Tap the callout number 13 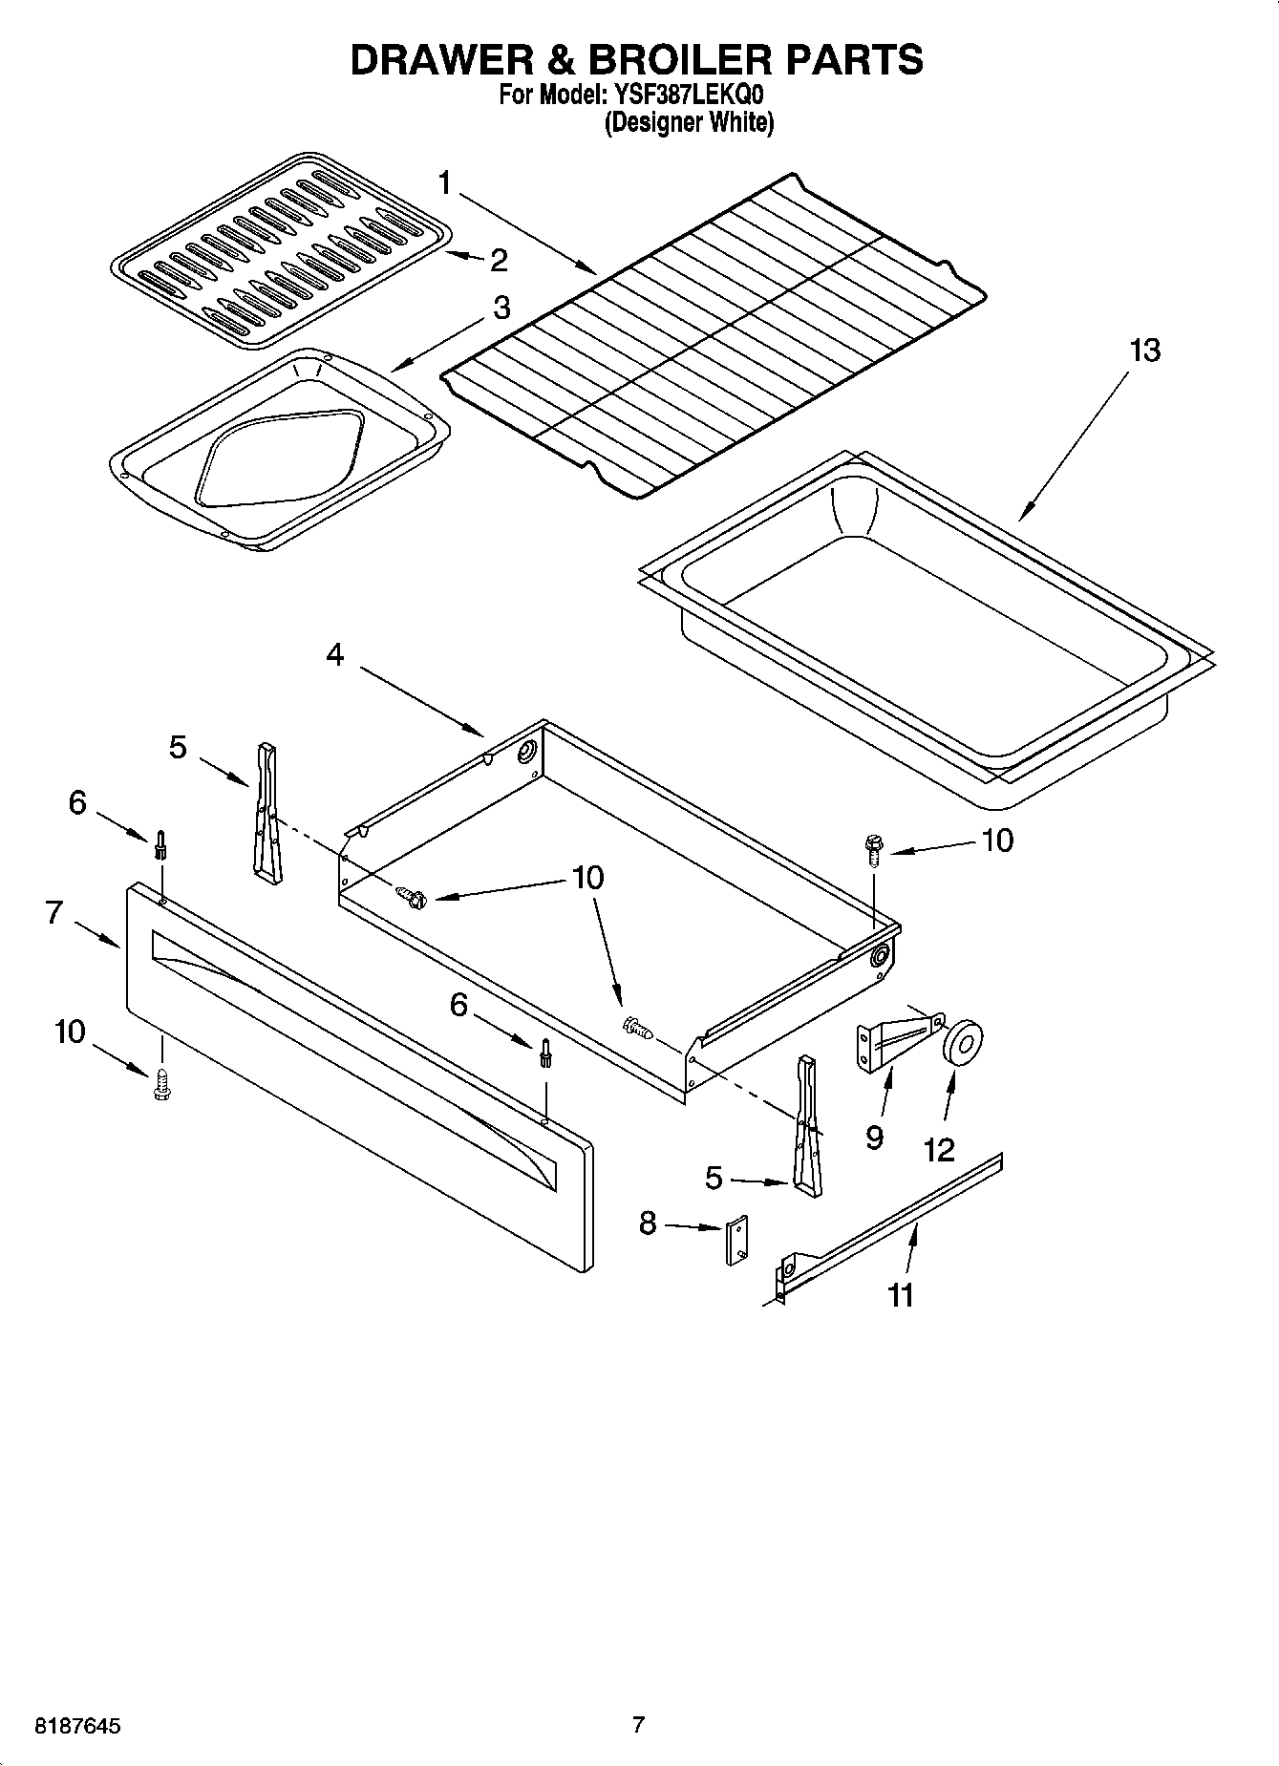pos(1144,351)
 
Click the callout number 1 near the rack pos(446,182)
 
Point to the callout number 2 pos(499,260)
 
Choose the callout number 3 pos(501,309)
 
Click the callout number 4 pos(334,655)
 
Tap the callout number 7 pos(54,912)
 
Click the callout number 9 pos(874,1138)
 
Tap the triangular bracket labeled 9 pos(893,1039)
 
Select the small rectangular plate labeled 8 pos(735,1242)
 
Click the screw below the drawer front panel pos(160,1085)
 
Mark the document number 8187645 pos(77,1726)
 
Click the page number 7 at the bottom pos(639,1724)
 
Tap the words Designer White pos(688,123)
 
